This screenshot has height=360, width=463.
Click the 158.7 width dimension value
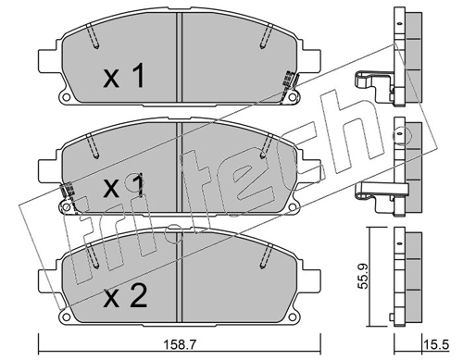click(x=180, y=345)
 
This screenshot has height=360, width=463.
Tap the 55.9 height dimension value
click(x=363, y=276)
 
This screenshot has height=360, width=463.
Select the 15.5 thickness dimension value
click(x=436, y=345)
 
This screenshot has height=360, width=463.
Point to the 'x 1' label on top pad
click(x=124, y=75)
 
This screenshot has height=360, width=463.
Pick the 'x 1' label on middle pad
click(x=124, y=185)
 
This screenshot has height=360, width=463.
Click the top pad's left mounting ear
click(x=48, y=61)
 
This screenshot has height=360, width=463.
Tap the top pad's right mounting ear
click(x=311, y=61)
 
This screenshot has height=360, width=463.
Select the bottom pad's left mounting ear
click(x=48, y=282)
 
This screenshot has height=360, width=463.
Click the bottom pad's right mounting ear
click(x=311, y=282)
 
